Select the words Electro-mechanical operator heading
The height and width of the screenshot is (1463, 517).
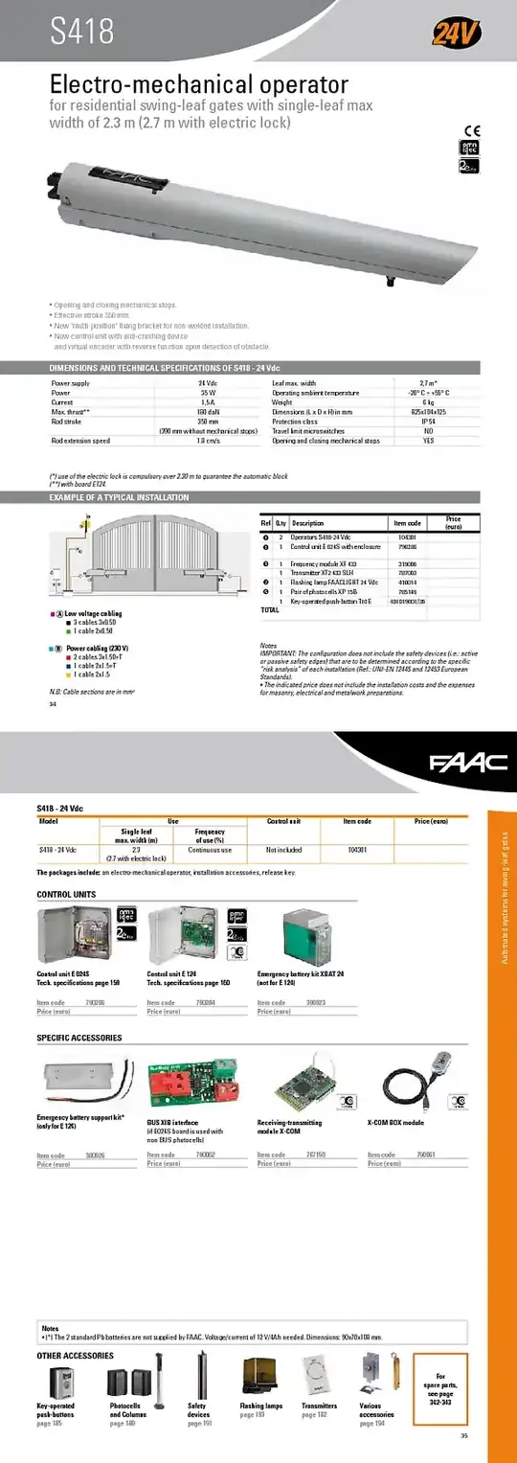coord(199,84)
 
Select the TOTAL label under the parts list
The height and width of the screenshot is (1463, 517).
coord(270,609)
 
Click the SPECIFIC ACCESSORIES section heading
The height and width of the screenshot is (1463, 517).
coord(79,1038)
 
